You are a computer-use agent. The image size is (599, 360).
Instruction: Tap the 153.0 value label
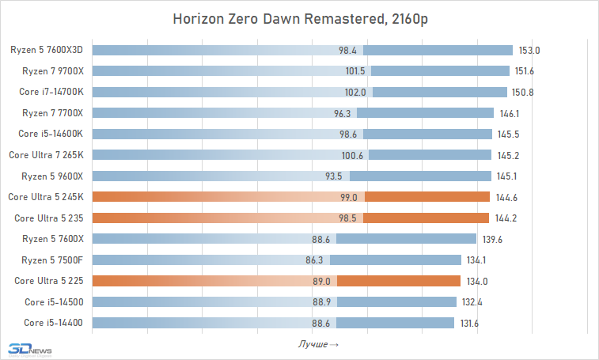click(x=529, y=50)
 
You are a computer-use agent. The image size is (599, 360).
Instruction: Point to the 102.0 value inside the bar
click(x=355, y=92)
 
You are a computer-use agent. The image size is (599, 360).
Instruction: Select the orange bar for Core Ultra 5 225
click(x=276, y=280)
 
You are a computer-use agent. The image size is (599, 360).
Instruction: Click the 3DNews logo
click(x=28, y=349)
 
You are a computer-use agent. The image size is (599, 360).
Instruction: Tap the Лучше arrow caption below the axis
click(x=319, y=344)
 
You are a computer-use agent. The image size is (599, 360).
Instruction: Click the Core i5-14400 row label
click(x=59, y=322)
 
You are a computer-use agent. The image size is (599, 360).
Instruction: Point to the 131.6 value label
click(x=469, y=322)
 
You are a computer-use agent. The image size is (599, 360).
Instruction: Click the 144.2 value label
click(x=505, y=218)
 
